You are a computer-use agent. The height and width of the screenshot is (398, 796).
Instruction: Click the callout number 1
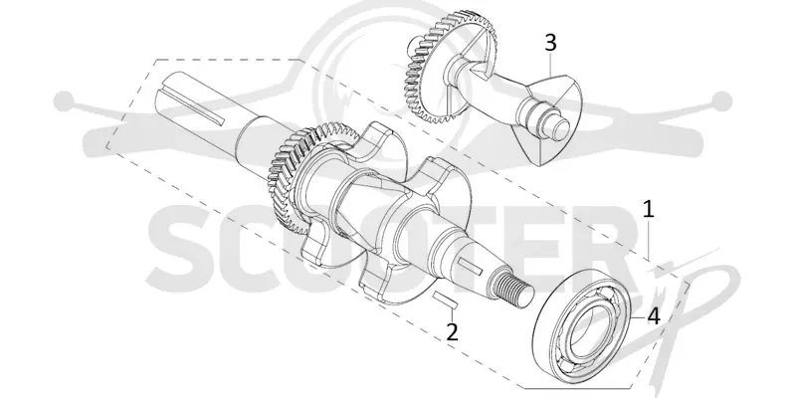tap(648, 209)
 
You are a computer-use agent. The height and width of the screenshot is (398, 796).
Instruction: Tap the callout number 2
tap(452, 331)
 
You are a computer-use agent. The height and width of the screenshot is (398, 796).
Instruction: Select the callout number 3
tap(551, 43)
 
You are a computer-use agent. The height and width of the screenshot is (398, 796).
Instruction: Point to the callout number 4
tap(654, 316)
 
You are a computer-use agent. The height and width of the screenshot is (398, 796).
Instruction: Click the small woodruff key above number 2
tap(446, 299)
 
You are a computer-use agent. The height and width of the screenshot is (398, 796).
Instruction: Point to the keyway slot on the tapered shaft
tap(470, 266)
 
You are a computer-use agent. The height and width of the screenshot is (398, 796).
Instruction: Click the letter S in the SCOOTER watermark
tap(187, 250)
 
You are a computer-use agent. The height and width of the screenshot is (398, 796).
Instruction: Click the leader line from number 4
tap(640, 316)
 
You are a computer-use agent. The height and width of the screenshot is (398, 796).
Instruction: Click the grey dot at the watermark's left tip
tap(64, 101)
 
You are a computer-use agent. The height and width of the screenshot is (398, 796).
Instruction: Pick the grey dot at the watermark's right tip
tap(722, 101)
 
